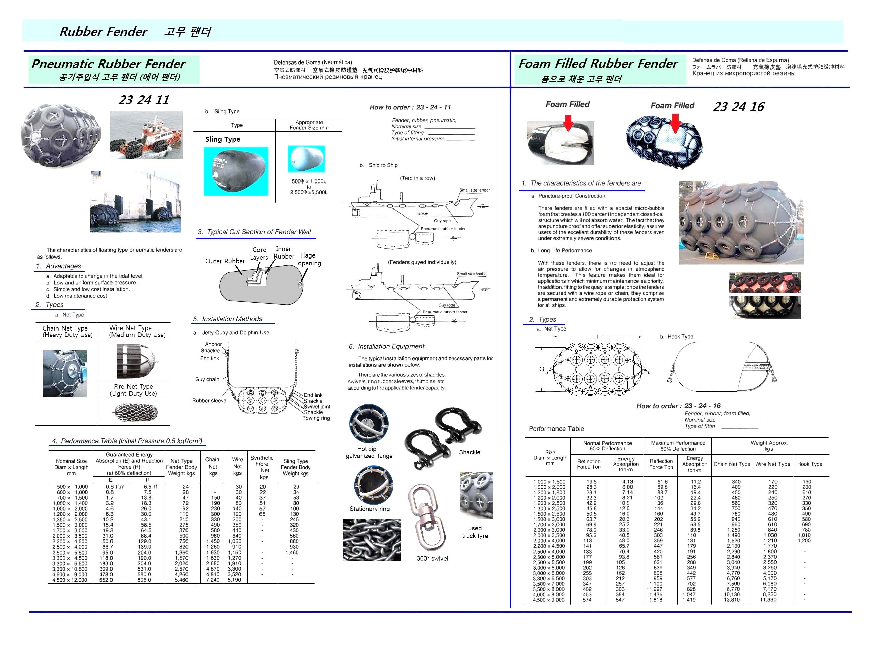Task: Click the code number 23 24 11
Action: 144,100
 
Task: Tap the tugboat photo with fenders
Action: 146,135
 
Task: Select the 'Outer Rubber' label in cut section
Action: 225,261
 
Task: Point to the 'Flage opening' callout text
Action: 309,259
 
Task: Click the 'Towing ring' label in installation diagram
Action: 316,418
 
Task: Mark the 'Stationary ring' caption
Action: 369,509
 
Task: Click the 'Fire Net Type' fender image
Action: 136,413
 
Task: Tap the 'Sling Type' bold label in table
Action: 223,139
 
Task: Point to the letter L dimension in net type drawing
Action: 598,337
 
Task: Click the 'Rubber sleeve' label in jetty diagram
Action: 209,400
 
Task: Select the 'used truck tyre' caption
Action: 475,532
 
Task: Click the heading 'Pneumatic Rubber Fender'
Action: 108,64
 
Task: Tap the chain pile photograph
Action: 372,540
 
